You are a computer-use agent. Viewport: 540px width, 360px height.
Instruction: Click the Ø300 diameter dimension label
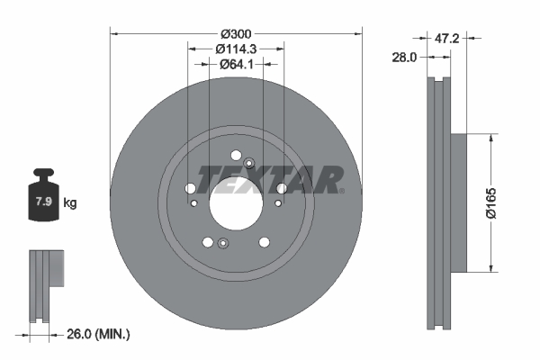(236, 34)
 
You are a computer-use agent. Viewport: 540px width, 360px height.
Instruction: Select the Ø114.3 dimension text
(236, 49)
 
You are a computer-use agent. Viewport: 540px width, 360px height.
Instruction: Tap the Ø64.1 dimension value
(236, 64)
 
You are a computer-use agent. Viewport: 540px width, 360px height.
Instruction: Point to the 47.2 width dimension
(446, 38)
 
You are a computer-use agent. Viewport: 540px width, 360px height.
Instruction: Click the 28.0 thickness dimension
(404, 58)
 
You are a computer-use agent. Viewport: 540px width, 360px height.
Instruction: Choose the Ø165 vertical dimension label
(491, 202)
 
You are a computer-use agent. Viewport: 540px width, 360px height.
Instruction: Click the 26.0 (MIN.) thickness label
(98, 334)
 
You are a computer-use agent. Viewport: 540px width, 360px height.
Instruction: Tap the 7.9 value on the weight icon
(44, 202)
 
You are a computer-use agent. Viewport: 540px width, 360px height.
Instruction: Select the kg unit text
(70, 202)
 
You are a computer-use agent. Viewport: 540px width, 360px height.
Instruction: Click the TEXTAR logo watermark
(270, 179)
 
